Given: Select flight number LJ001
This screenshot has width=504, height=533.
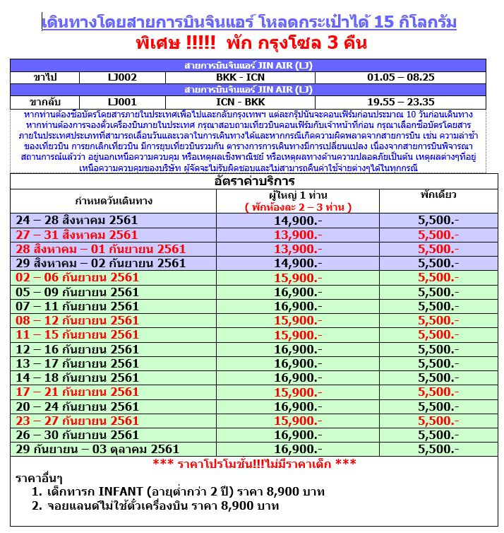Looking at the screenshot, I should point(123,102).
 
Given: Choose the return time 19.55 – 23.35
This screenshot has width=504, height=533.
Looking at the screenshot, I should point(401,102).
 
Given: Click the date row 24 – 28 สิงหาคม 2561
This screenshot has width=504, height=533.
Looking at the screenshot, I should point(77,221).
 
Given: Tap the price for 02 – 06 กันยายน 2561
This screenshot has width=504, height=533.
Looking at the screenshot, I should point(298,278).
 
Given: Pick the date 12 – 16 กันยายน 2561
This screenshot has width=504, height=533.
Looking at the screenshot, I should point(77,349).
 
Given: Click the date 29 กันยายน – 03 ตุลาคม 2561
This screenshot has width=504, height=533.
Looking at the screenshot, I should point(97,449).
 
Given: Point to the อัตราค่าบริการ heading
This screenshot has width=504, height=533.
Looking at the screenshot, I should point(255,182).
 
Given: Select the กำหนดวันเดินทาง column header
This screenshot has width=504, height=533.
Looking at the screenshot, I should point(113,201).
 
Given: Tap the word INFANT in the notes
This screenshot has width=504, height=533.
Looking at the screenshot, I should point(118,491).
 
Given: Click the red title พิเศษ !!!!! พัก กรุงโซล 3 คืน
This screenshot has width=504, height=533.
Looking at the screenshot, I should point(251,44).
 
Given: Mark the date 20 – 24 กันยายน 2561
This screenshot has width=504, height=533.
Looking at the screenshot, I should point(77,406).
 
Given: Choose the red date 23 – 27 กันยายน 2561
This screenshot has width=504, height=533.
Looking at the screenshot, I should point(77,421).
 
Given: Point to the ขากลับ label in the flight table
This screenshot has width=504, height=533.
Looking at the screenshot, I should point(45,102).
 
